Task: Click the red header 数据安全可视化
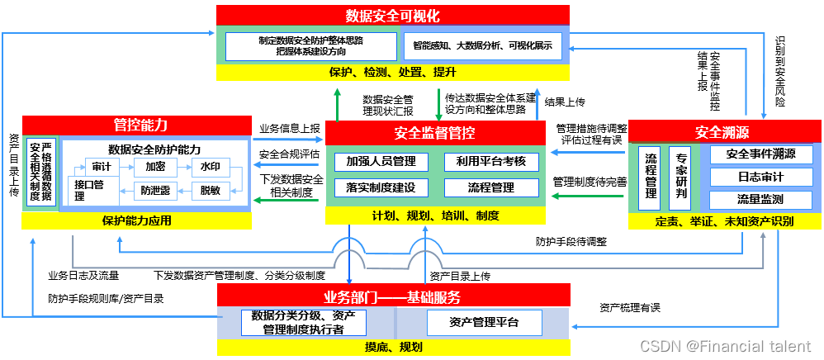point(393,16)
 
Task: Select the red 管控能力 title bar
point(137,125)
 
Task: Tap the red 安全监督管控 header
point(435,132)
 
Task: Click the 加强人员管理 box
point(376,161)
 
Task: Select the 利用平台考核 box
point(491,161)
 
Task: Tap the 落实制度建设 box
point(376,187)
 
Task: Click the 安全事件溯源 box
point(760,154)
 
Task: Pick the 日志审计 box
point(760,177)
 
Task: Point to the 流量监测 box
point(760,199)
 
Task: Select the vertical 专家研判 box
point(681,177)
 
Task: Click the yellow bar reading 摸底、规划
point(393,348)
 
